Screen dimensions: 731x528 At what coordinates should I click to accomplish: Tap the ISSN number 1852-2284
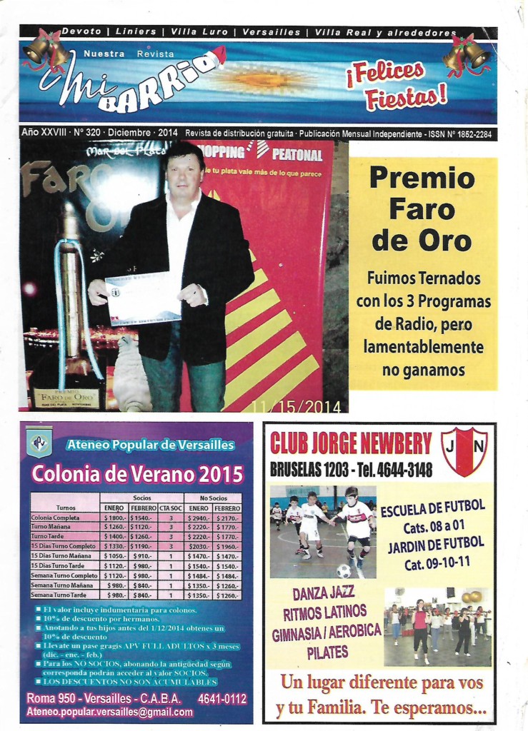click(x=472, y=133)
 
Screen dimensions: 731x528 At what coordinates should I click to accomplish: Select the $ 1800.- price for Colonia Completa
click(x=114, y=518)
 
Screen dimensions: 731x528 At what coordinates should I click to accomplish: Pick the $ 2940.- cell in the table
click(x=199, y=518)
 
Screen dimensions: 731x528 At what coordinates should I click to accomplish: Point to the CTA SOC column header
click(x=171, y=507)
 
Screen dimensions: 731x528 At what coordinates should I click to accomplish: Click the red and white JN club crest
click(x=464, y=451)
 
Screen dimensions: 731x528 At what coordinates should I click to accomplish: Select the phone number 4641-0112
click(x=222, y=698)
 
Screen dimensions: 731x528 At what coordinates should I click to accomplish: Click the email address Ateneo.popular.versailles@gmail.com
click(x=109, y=712)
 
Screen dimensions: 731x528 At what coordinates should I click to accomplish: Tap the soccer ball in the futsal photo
click(x=344, y=570)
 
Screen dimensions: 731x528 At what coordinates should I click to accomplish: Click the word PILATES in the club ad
click(x=327, y=651)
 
